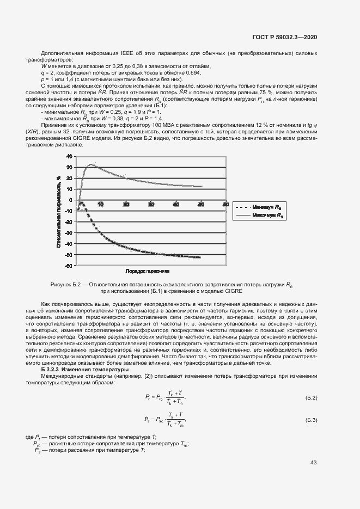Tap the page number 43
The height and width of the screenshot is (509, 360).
314,463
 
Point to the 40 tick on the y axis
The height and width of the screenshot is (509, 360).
69,156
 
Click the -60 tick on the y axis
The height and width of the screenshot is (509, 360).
69,266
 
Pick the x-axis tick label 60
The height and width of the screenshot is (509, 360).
225,204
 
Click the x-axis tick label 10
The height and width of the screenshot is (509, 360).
101,204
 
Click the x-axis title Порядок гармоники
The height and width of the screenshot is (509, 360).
148,271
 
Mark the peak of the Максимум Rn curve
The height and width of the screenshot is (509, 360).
91,164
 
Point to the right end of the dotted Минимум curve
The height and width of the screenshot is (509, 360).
200,257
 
